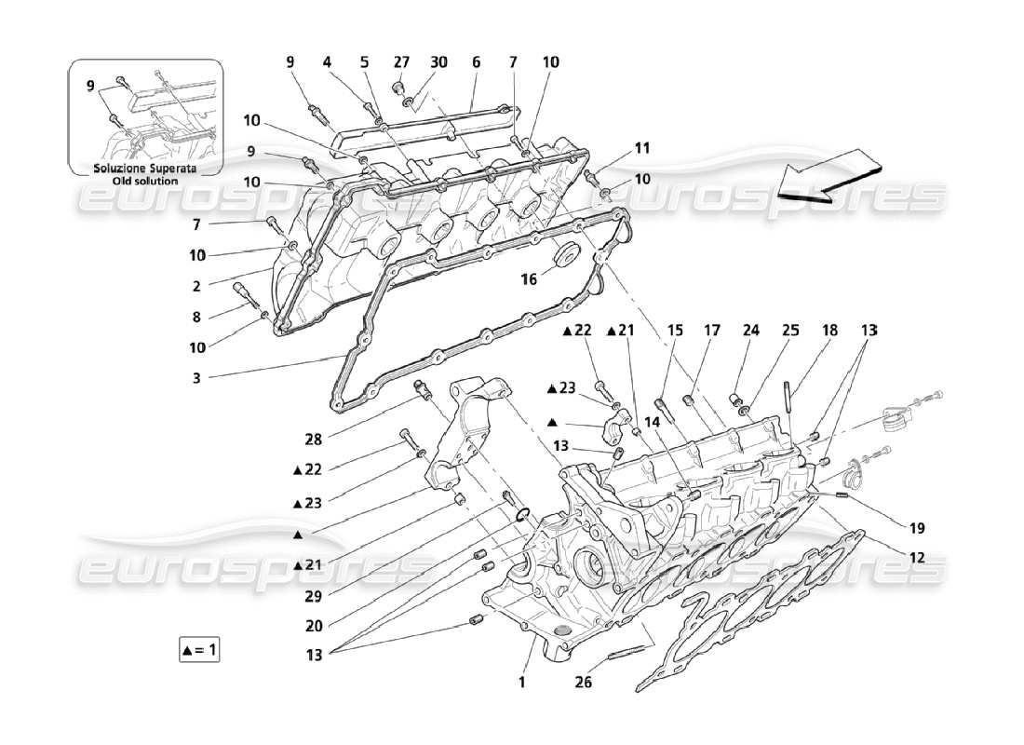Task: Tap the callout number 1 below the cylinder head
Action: point(522,682)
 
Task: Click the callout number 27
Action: point(401,62)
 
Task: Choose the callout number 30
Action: point(438,62)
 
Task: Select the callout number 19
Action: point(917,528)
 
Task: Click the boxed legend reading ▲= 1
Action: point(200,649)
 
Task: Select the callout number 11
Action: point(642,147)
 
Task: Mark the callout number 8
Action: point(195,317)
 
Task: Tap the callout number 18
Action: point(829,330)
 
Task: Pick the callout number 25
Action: point(790,330)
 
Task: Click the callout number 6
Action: point(476,62)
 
